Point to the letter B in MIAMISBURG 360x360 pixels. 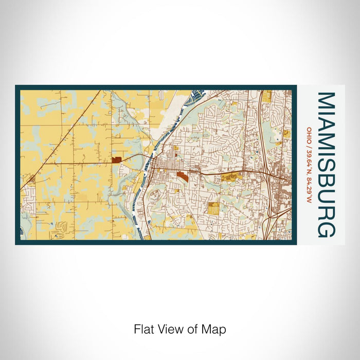(x=327, y=181)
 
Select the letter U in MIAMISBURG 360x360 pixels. (x=327, y=197)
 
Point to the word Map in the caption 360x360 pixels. (x=215, y=329)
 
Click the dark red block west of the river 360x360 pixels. (x=116, y=160)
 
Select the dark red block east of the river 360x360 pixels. (x=182, y=176)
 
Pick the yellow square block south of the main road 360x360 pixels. (x=213, y=208)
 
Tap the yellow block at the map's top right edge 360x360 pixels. (x=266, y=96)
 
